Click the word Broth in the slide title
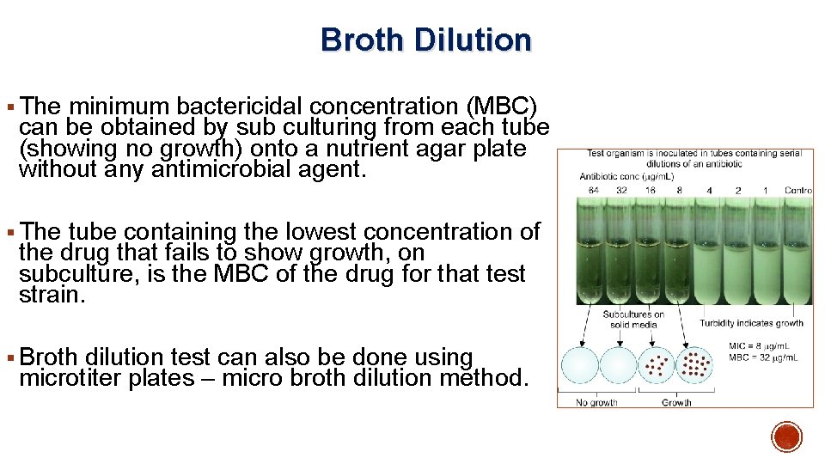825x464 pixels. tap(360, 40)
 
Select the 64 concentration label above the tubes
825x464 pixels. tap(592, 190)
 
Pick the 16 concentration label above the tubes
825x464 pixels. tap(651, 190)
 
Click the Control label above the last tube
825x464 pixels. tap(797, 190)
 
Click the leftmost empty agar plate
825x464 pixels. tap(579, 366)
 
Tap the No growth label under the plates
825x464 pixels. tap(597, 401)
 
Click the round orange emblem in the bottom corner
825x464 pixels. tap(786, 437)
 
